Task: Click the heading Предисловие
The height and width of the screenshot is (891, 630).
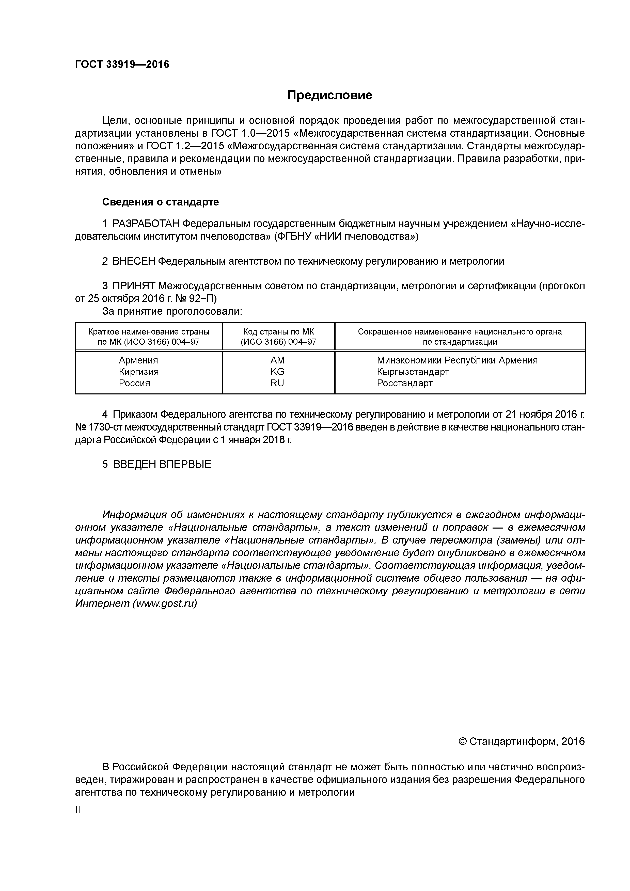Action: [x=329, y=95]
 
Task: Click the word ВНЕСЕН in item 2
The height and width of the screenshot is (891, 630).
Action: [x=134, y=261]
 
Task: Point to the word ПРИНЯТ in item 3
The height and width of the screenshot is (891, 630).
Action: [x=134, y=286]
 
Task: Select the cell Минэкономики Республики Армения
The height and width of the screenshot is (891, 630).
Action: [x=457, y=360]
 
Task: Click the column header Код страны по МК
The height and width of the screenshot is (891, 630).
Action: [x=278, y=332]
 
